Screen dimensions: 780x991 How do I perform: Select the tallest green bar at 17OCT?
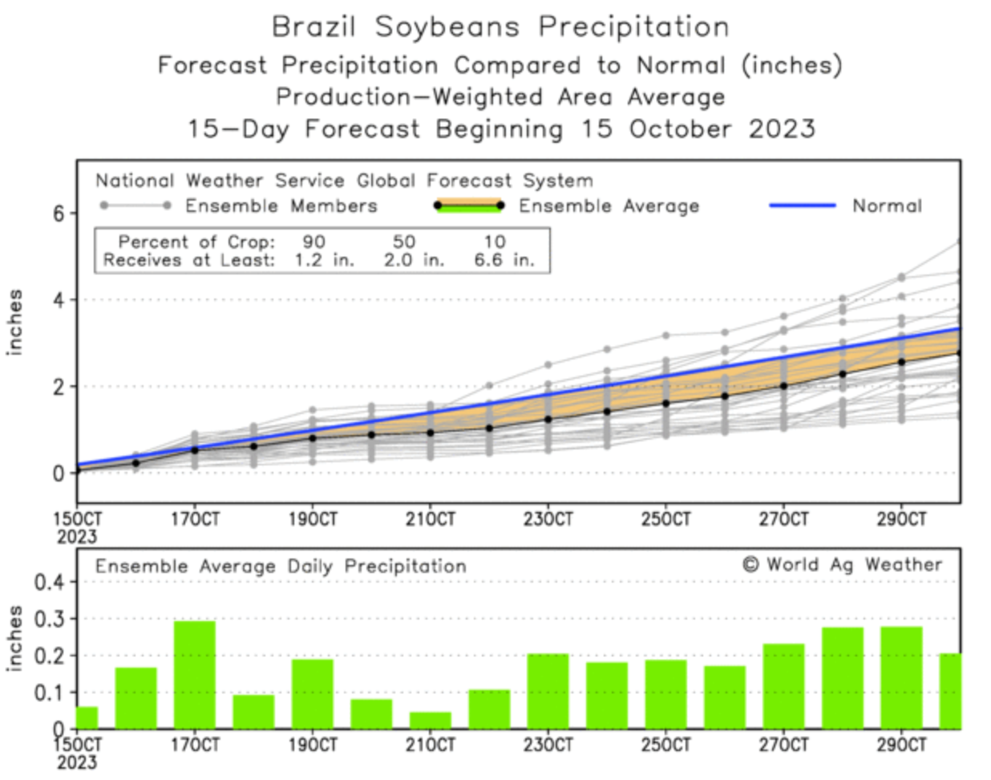tap(195, 674)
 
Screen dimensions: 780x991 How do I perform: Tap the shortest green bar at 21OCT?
tap(431, 720)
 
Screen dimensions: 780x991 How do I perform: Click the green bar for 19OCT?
tap(313, 693)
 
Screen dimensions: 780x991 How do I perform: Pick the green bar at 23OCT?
tap(548, 691)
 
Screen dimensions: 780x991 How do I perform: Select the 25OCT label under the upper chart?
tap(665, 519)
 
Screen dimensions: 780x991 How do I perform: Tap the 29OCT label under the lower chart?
tap(901, 745)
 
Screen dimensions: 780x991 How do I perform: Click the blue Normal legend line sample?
tap(802, 205)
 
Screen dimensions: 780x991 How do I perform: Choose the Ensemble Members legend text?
tap(281, 206)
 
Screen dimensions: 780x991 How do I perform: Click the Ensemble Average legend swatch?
tap(468, 205)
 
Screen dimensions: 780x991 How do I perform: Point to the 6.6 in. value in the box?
tap(504, 260)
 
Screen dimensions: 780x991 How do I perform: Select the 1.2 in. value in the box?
tap(323, 260)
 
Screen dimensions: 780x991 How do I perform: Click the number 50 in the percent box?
tap(404, 242)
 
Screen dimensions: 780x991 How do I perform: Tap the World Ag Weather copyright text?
tap(843, 565)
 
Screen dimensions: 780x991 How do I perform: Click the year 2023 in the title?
tap(782, 128)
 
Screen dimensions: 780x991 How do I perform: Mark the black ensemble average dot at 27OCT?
tap(783, 386)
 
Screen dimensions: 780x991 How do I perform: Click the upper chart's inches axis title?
tap(15, 323)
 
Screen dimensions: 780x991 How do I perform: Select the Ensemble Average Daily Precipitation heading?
tap(281, 567)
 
